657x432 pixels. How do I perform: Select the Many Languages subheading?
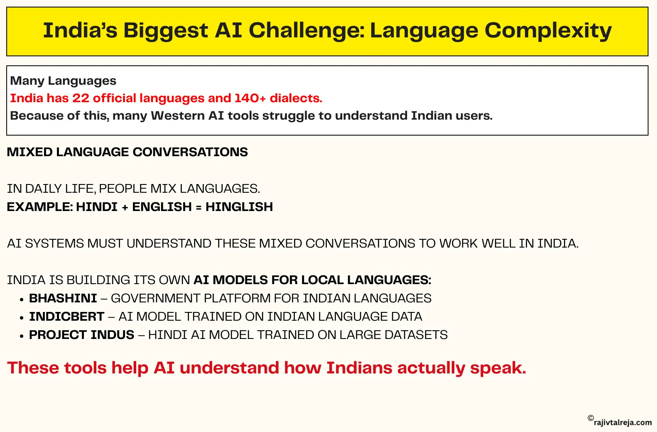click(x=63, y=81)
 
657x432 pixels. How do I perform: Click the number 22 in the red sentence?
click(x=81, y=98)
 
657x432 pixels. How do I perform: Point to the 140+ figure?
click(x=250, y=98)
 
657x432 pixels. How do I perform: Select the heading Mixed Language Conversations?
click(x=127, y=152)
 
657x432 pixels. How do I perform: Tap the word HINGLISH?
click(x=239, y=207)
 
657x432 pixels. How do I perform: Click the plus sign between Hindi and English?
click(x=125, y=207)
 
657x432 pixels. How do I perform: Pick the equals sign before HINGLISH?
click(x=199, y=207)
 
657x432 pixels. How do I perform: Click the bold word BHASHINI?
click(x=63, y=298)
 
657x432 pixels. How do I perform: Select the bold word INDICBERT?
click(x=67, y=317)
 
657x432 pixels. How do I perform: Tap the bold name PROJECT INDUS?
click(x=81, y=335)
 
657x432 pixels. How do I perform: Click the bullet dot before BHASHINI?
click(x=22, y=300)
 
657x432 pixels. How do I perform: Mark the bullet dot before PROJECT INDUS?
click(x=22, y=336)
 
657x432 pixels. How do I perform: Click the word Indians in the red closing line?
click(x=359, y=368)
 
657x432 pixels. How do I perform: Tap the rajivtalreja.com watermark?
click(x=623, y=422)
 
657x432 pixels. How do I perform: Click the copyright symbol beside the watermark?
click(x=591, y=418)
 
